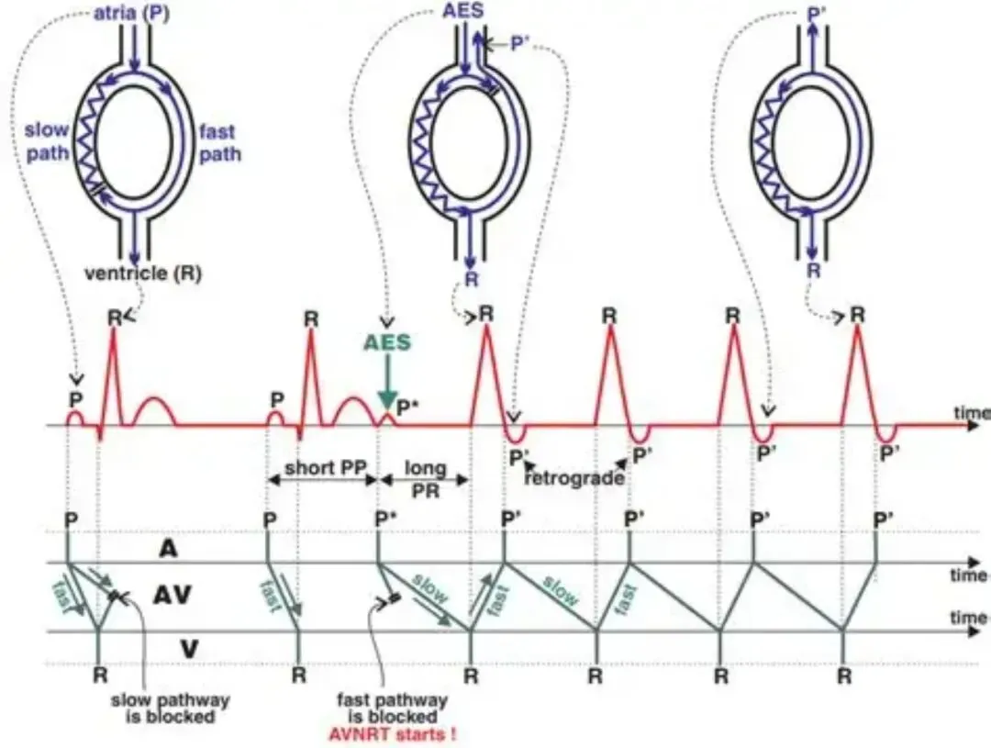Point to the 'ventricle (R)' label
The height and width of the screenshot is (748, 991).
143,273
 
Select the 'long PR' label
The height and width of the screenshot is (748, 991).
425,476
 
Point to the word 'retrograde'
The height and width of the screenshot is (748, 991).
574,477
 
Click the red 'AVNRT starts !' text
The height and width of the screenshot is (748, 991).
392,734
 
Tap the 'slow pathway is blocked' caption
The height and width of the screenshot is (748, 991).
171,708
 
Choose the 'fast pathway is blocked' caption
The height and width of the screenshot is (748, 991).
392,708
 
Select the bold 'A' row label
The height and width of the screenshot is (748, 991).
169,548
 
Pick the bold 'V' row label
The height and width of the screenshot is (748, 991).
189,648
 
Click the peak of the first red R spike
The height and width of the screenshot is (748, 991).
114,329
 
